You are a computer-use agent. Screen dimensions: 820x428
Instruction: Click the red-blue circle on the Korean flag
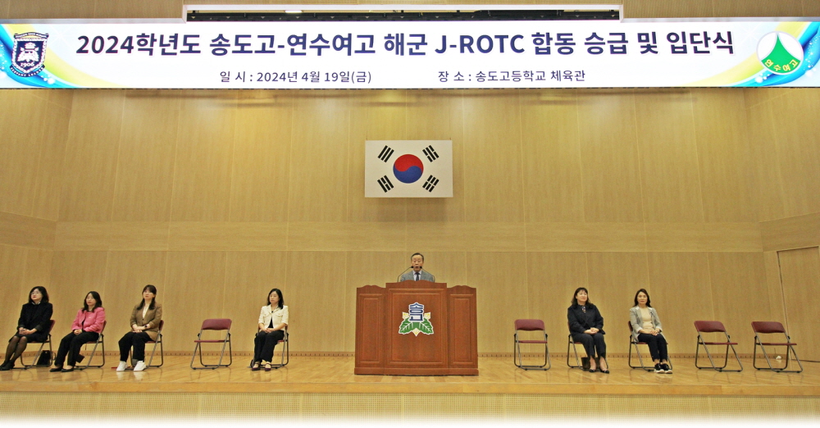[408, 168]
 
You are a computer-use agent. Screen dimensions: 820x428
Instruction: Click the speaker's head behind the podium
[417, 261]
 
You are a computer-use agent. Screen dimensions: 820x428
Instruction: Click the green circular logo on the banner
[781, 53]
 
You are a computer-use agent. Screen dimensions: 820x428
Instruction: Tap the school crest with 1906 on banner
[30, 53]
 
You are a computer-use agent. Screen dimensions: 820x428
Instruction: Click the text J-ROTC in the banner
[480, 44]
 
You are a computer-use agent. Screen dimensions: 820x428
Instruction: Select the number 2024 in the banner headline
[105, 45]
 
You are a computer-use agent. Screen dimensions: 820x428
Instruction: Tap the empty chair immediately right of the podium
[531, 344]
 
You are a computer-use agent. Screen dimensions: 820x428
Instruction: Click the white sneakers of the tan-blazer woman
[131, 366]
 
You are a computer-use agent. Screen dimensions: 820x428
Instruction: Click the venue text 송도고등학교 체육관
[530, 76]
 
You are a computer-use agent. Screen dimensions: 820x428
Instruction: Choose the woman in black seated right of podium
[587, 330]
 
